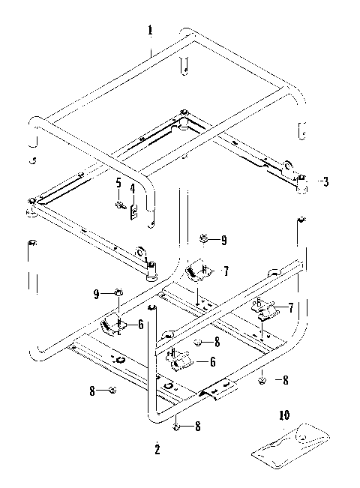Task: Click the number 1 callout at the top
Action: tap(150, 31)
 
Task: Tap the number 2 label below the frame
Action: tap(157, 450)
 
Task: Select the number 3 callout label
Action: tap(324, 181)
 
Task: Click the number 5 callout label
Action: tap(118, 182)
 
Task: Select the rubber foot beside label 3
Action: tap(302, 184)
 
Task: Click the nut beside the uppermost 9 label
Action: tap(203, 239)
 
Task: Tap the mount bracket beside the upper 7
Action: tap(199, 268)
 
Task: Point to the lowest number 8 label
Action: tap(198, 427)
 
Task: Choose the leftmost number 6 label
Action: tap(139, 325)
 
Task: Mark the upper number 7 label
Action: tap(226, 270)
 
